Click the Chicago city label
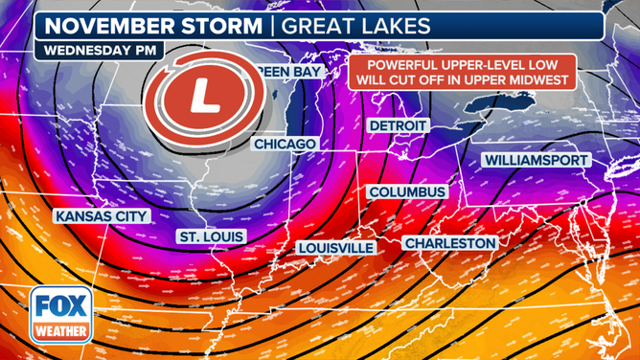click(285, 144)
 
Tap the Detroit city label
click(400, 125)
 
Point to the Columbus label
click(407, 192)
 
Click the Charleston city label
click(450, 244)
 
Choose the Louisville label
click(335, 247)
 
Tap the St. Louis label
click(212, 236)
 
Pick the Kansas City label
click(102, 216)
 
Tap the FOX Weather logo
click(63, 316)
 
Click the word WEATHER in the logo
click(63, 333)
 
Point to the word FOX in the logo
click(63, 308)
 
